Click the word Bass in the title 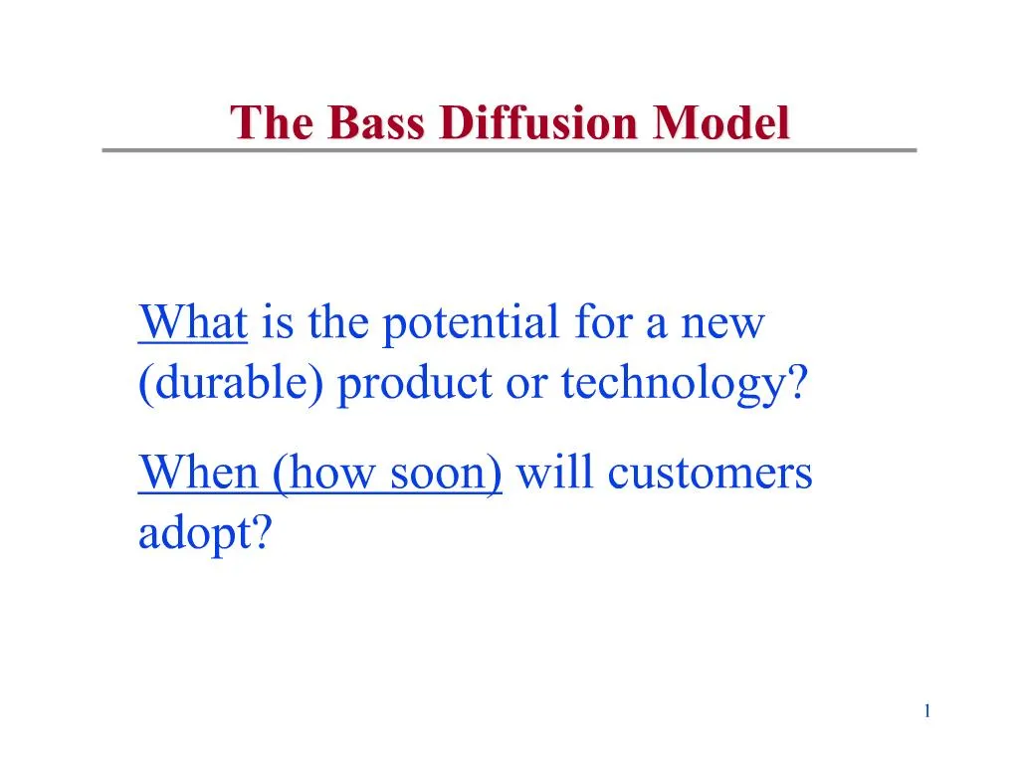(x=376, y=122)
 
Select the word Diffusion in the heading (x=538, y=122)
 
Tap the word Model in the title (x=720, y=122)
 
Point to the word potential (x=471, y=323)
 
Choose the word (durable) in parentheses (x=231, y=383)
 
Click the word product (x=415, y=383)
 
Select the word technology (x=674, y=383)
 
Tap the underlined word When (x=199, y=473)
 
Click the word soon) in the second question (x=447, y=474)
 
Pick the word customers (x=710, y=474)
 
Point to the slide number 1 (x=927, y=711)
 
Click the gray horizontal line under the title (x=509, y=150)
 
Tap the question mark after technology (x=797, y=382)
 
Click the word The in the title (x=273, y=122)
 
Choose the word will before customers (x=554, y=473)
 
